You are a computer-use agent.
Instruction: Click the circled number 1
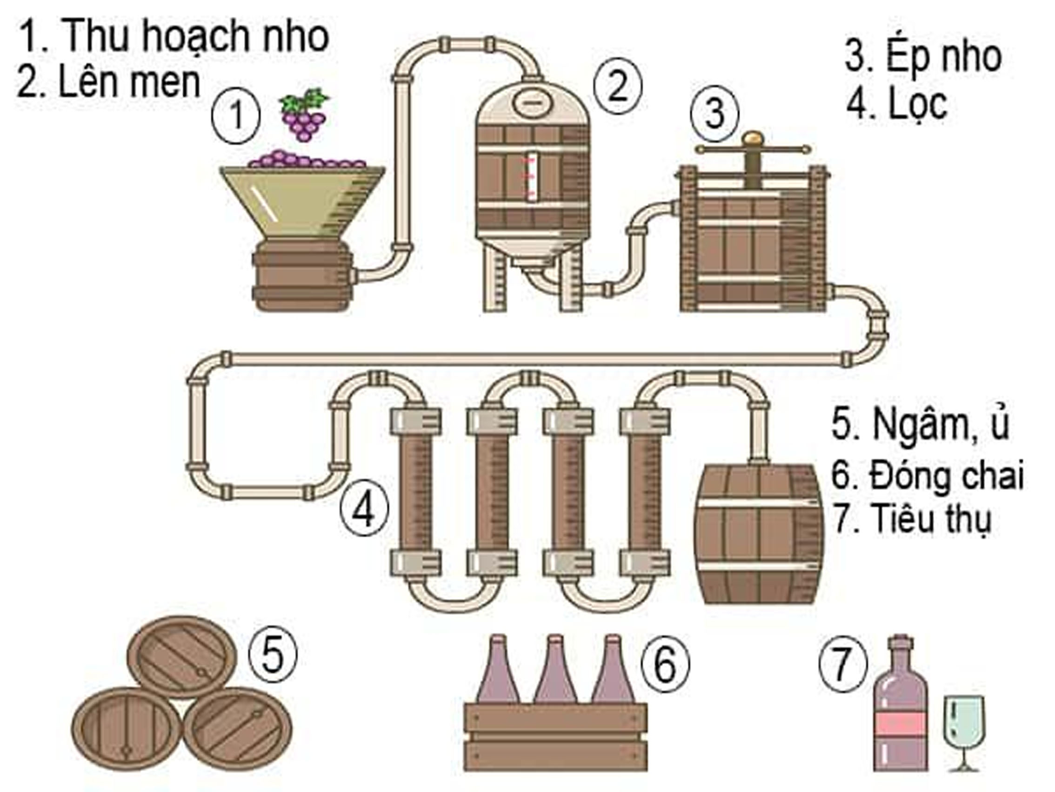click(x=236, y=117)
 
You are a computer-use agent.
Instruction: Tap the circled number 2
click(x=618, y=86)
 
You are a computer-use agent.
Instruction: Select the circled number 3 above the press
click(x=714, y=114)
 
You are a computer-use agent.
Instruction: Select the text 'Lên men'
click(x=129, y=82)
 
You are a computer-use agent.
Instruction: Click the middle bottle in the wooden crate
click(x=554, y=673)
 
